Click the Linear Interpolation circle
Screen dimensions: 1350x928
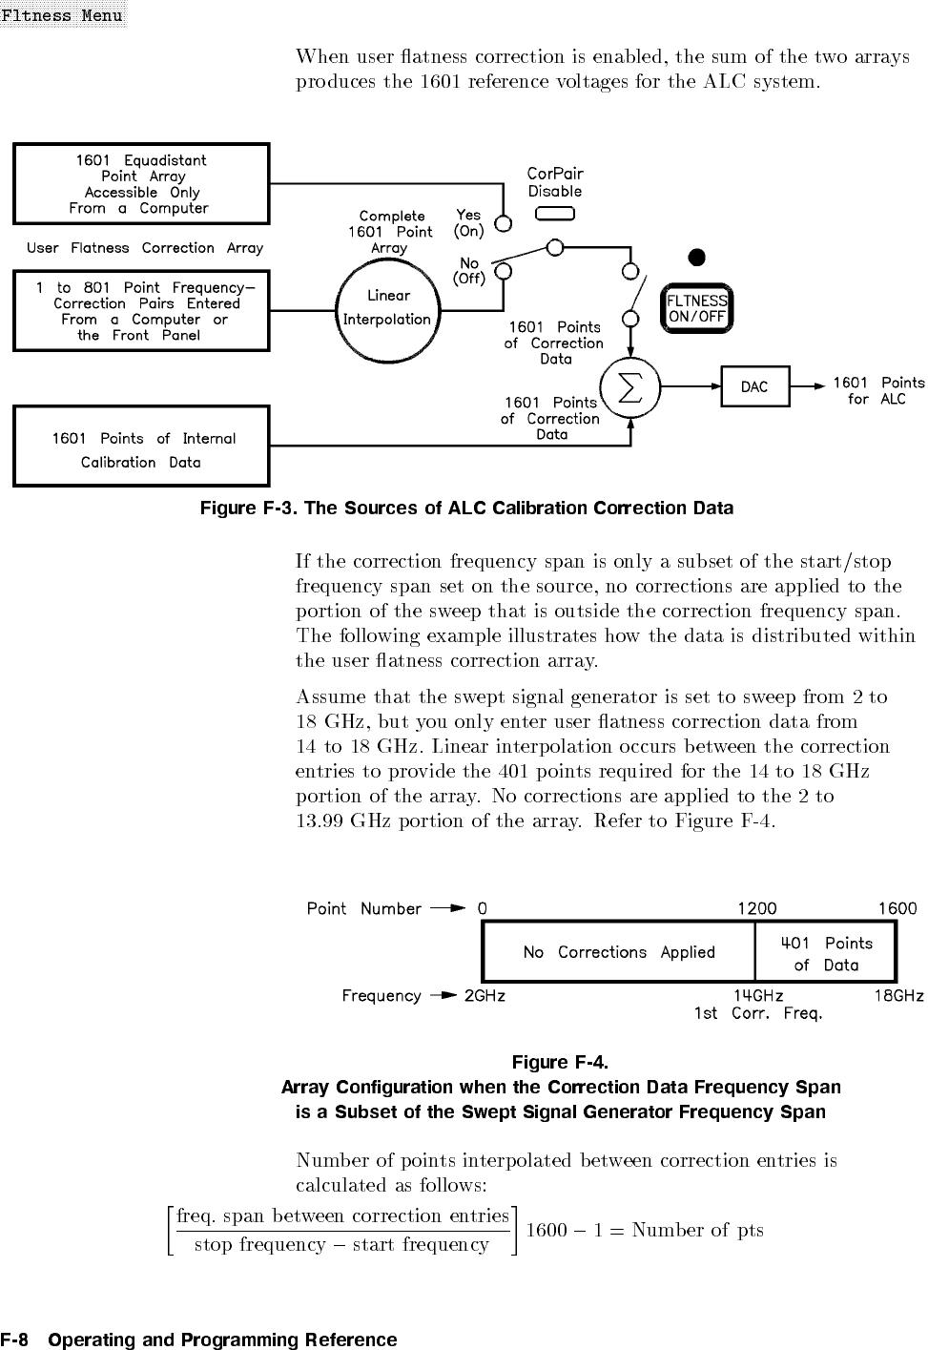pyautogui.click(x=387, y=307)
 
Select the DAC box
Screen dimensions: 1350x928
pyautogui.click(x=754, y=386)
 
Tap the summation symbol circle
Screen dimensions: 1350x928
pyautogui.click(x=630, y=386)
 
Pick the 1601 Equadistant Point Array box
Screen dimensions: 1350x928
pyautogui.click(x=141, y=183)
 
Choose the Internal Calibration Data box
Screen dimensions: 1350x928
pyautogui.click(x=141, y=447)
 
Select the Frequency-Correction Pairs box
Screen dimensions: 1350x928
pyautogui.click(x=141, y=311)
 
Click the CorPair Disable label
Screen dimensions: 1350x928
pyautogui.click(x=555, y=182)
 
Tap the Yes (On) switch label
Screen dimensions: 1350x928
pyautogui.click(x=468, y=222)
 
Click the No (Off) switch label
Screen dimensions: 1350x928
pyautogui.click(x=469, y=271)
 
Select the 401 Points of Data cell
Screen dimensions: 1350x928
pyautogui.click(x=826, y=953)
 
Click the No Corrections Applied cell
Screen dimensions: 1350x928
pyautogui.click(x=619, y=952)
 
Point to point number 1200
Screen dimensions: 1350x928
pyautogui.click(x=757, y=908)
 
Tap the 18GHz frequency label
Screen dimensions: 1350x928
pyautogui.click(x=899, y=995)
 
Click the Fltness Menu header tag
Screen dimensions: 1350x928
pyautogui.click(x=62, y=14)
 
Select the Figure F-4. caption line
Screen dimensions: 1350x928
pyautogui.click(x=560, y=1062)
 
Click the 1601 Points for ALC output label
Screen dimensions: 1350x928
pyautogui.click(x=878, y=390)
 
